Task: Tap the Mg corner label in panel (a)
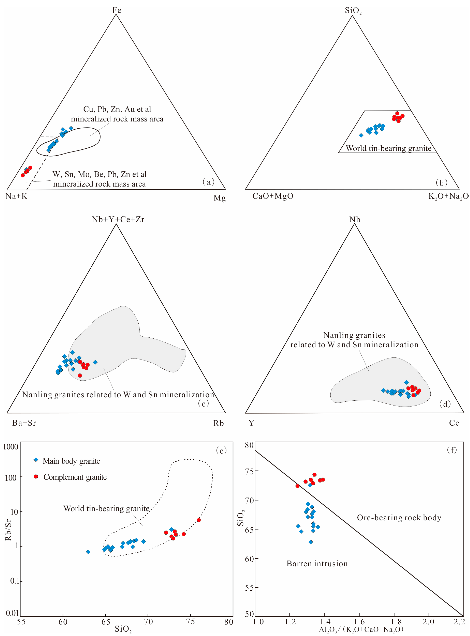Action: pyautogui.click(x=220, y=198)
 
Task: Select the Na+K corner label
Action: pyautogui.click(x=17, y=196)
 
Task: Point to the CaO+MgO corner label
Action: pyautogui.click(x=273, y=196)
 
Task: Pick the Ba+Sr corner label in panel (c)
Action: pyautogui.click(x=24, y=423)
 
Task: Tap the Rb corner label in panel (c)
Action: pyautogui.click(x=218, y=423)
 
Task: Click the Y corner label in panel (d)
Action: pyautogui.click(x=251, y=423)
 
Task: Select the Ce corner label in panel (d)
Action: pyautogui.click(x=454, y=423)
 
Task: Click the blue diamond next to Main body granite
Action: pyautogui.click(x=36, y=460)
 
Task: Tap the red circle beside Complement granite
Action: pyautogui.click(x=36, y=476)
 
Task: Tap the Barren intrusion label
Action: pyautogui.click(x=317, y=564)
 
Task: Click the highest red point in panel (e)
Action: pyautogui.click(x=199, y=520)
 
